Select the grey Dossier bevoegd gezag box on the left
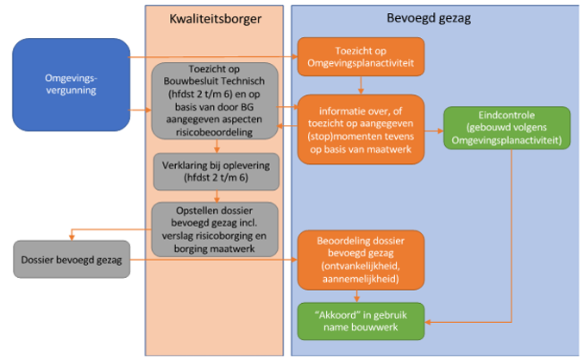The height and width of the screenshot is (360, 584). pyautogui.click(x=72, y=259)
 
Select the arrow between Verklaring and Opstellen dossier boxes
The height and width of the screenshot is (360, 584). pyautogui.click(x=214, y=195)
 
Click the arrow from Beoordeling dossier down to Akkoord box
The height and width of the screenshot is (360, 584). pyautogui.click(x=361, y=295)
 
